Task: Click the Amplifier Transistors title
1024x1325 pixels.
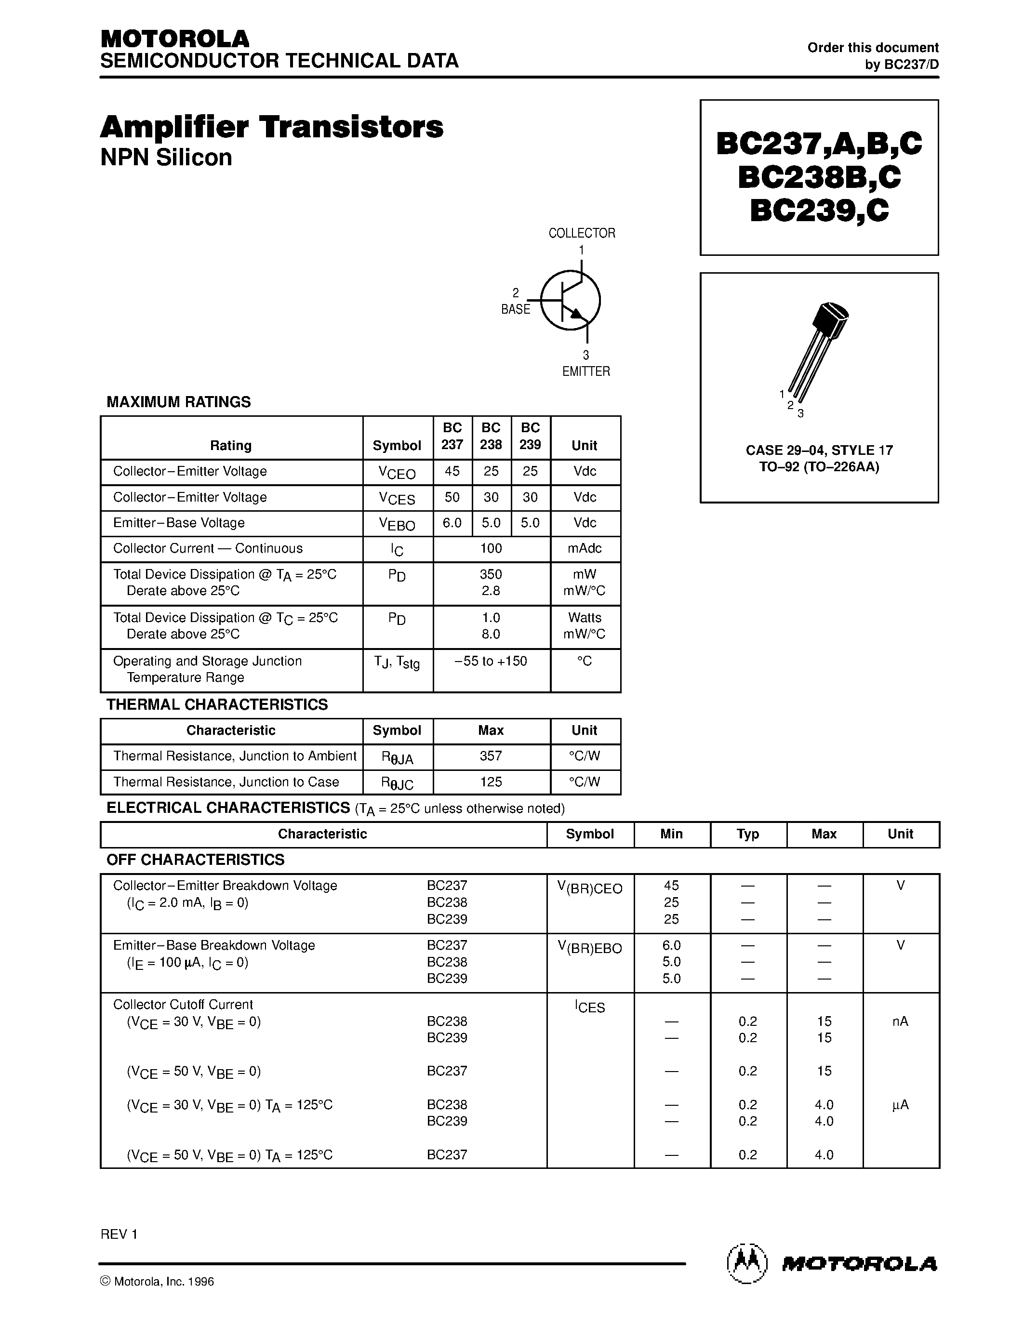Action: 271,127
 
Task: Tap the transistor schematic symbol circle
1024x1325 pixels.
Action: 570,300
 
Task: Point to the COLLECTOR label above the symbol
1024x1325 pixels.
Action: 581,233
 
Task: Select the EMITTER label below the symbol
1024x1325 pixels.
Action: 585,371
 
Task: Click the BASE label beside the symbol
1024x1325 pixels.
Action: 515,309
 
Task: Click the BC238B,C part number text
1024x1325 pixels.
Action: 819,177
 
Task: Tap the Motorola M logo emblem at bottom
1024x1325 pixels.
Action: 747,1264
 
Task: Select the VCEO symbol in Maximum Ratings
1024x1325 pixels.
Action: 398,473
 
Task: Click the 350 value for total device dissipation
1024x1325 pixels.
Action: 491,574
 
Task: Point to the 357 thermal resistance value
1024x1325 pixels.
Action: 491,756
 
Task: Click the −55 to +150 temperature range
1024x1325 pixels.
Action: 491,661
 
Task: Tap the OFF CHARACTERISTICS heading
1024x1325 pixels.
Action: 195,860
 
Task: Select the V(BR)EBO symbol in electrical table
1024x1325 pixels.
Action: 590,948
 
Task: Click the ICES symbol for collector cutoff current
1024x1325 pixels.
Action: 590,1007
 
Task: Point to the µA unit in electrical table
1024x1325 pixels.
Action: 900,1105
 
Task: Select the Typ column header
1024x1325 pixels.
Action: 747,834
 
